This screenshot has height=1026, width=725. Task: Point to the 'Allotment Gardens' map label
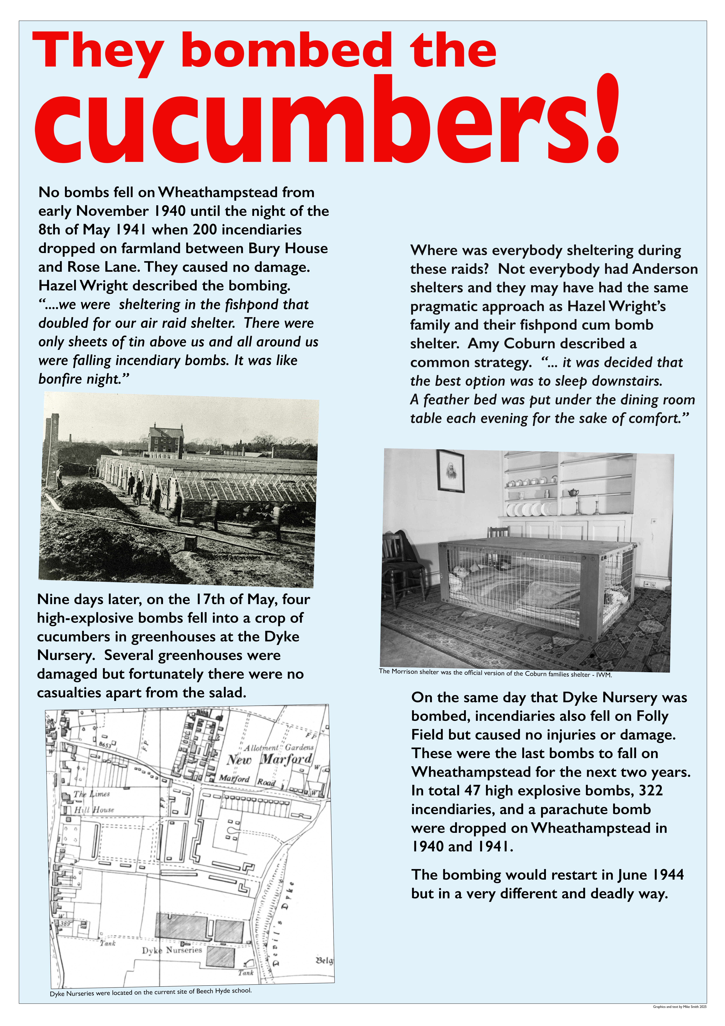tap(278, 747)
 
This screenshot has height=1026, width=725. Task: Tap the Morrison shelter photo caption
tap(495, 673)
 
